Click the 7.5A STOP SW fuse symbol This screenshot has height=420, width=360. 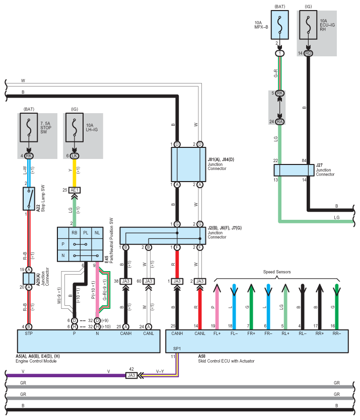pyautogui.click(x=29, y=128)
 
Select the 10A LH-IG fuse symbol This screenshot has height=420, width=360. pyautogui.click(x=75, y=128)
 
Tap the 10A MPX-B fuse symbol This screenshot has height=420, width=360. pyautogui.click(x=280, y=24)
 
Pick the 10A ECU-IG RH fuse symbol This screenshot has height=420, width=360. pyautogui.click(x=308, y=24)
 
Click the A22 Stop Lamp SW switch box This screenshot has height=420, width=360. pyautogui.click(x=29, y=199)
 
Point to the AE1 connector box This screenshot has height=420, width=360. pyautogui.click(x=75, y=190)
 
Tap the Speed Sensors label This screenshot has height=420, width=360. pyautogui.click(x=277, y=272)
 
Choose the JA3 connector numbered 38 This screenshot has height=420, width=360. pyautogui.click(x=126, y=281)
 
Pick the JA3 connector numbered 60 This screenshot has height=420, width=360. pyautogui.click(x=149, y=281)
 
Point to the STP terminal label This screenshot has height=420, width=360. pyautogui.click(x=29, y=333)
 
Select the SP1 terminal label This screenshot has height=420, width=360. pyautogui.click(x=177, y=348)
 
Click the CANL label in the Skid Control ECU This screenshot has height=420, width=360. pyautogui.click(x=200, y=333)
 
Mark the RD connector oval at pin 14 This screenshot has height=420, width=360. pyautogui.click(x=308, y=53)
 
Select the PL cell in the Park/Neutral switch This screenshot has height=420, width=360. pyautogui.click(x=86, y=233)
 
